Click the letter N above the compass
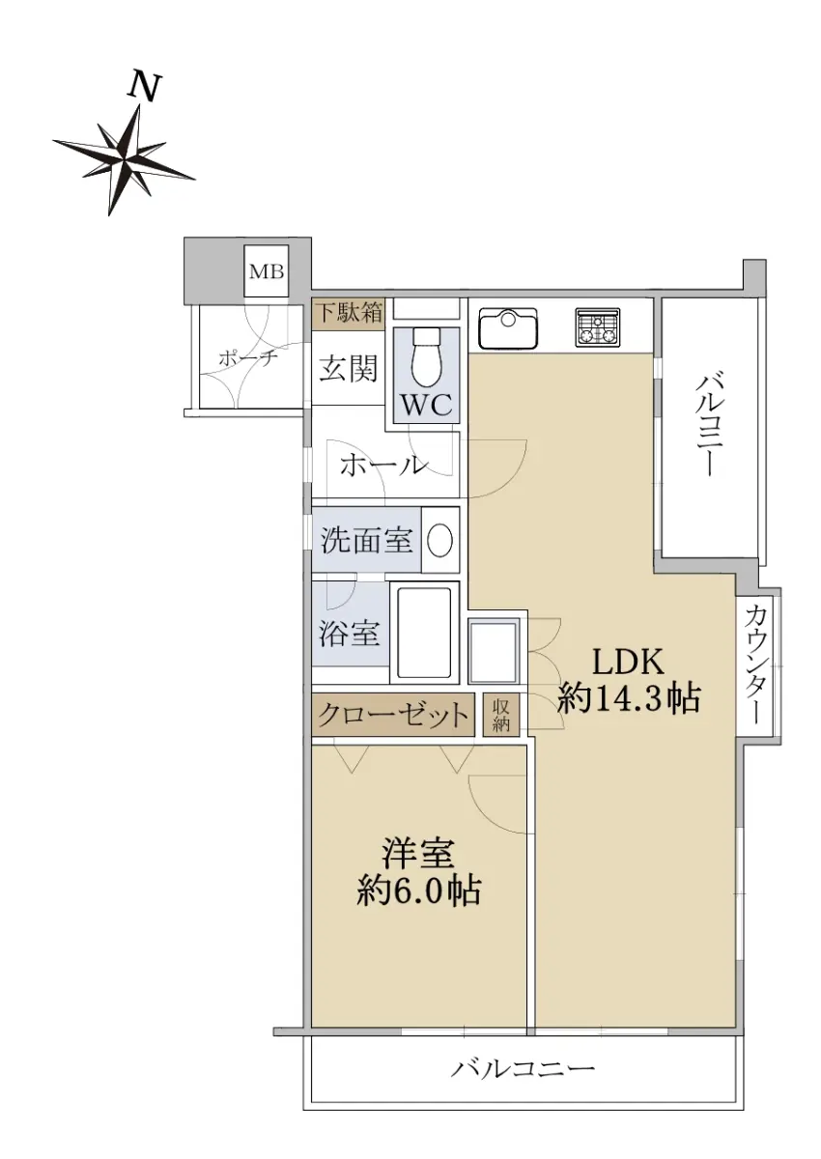tap(144, 86)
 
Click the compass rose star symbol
tap(125, 159)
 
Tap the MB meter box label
tap(267, 271)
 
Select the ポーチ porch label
tap(248, 357)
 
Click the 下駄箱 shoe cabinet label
tap(350, 313)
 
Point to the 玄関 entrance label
tap(348, 369)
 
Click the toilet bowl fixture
tap(426, 357)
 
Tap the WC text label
tap(427, 406)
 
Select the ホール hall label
tap(383, 466)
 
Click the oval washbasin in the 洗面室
tap(440, 541)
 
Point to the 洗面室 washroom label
tap(366, 541)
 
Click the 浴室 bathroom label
tap(350, 633)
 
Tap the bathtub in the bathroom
tap(425, 633)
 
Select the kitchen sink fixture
tap(508, 328)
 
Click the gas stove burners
tap(598, 327)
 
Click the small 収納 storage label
tap(500, 716)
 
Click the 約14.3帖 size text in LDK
tap(629, 698)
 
